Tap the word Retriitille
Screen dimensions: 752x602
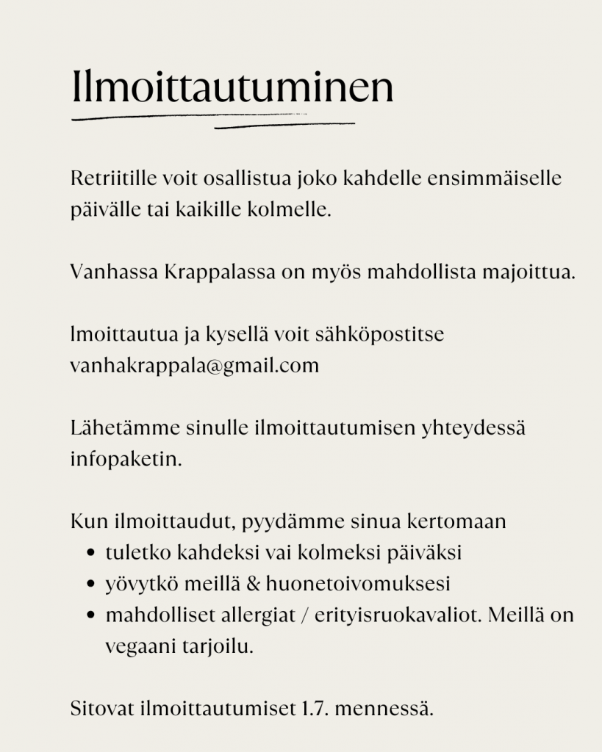click(114, 179)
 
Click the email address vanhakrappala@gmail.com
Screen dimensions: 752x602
click(195, 366)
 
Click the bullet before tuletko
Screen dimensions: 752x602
click(90, 554)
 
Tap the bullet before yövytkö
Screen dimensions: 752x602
click(90, 585)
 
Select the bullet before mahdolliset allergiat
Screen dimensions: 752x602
click(90, 616)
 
